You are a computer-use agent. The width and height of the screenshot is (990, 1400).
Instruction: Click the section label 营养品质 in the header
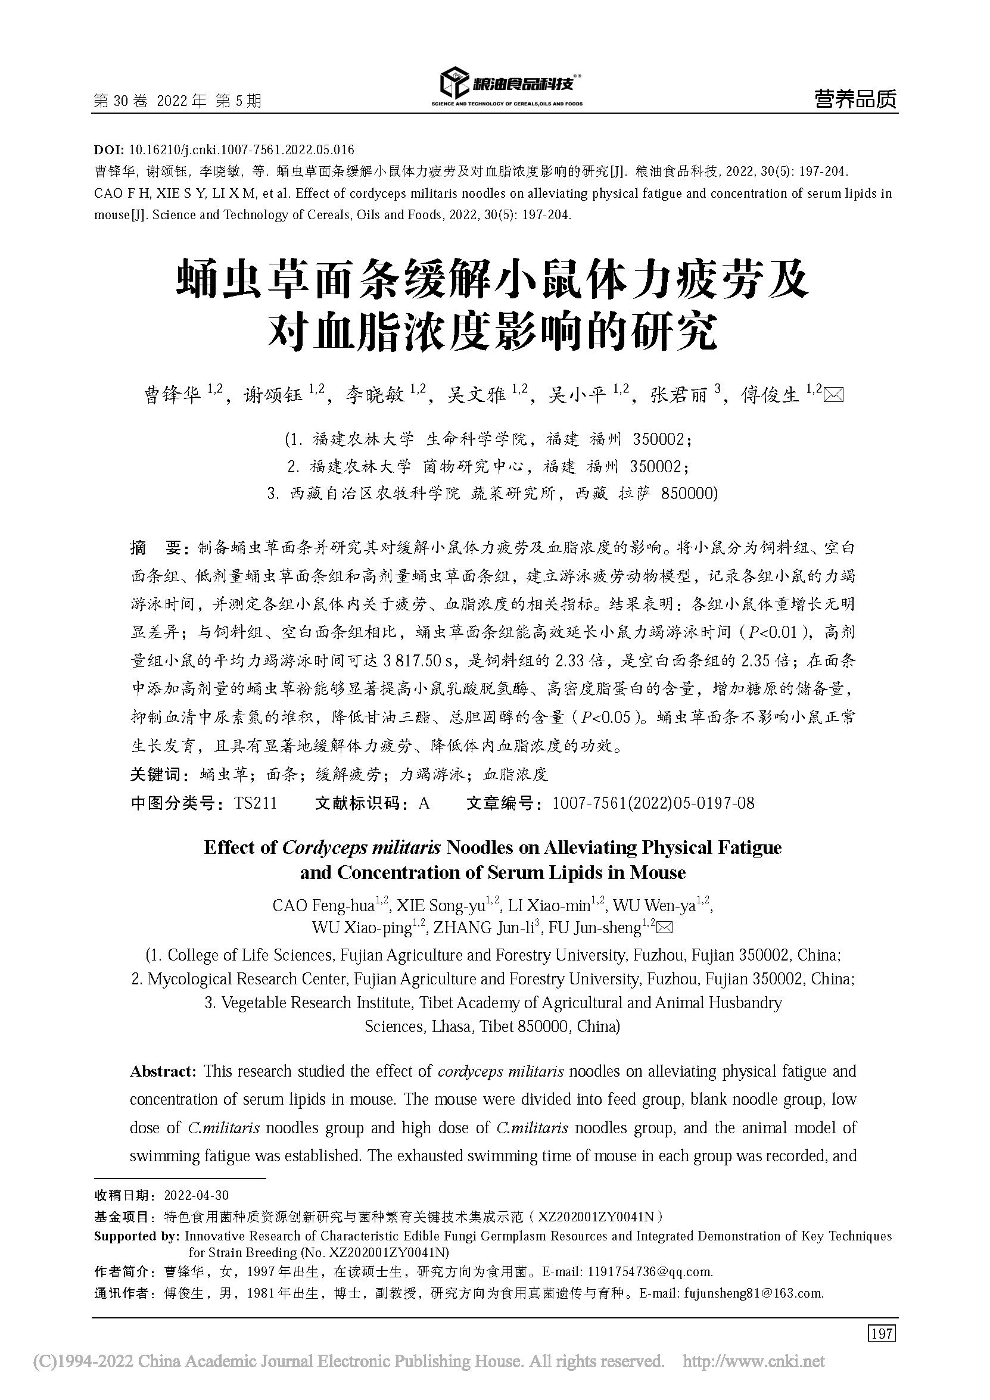[855, 99]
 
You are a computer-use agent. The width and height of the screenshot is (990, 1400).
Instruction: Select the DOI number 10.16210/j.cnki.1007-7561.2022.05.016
[242, 150]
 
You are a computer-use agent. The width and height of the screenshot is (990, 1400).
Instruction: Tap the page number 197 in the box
[882, 1333]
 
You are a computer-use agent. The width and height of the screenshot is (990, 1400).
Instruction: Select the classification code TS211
[256, 803]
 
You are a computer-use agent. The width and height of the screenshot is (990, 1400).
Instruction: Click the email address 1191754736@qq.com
[649, 1271]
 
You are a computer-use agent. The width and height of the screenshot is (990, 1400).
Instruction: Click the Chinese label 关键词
[156, 775]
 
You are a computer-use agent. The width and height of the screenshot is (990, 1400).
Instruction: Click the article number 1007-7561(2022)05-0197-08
[653, 803]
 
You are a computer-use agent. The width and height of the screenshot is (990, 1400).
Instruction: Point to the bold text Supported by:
[136, 1236]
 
